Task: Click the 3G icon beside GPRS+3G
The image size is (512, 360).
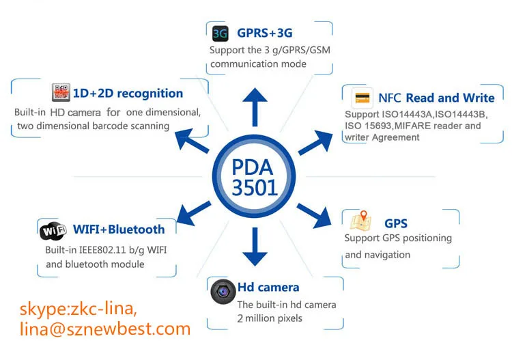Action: click(220, 33)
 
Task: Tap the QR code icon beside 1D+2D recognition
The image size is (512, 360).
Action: click(61, 92)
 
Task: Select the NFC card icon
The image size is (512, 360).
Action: click(362, 98)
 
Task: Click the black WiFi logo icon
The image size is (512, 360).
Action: click(53, 231)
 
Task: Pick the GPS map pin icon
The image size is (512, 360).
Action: click(360, 222)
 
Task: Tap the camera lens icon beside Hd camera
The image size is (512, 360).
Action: click(223, 292)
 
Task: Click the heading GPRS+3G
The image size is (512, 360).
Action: click(266, 33)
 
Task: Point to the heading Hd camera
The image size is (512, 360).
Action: click(268, 287)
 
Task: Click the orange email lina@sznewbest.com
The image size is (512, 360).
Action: click(105, 329)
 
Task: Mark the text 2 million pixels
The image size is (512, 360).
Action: click(269, 318)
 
